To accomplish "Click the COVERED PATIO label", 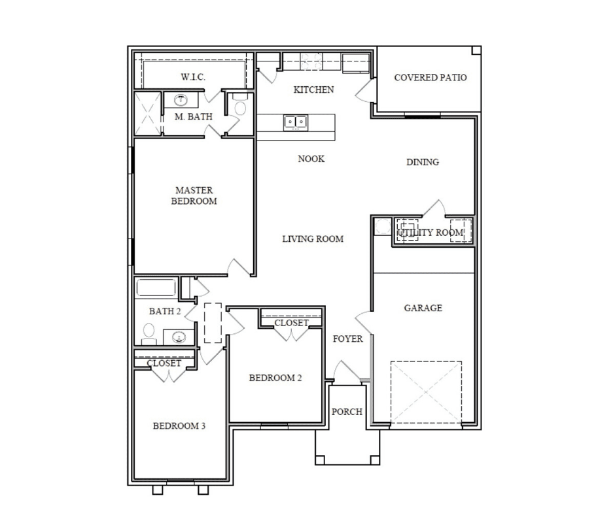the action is click(x=430, y=78).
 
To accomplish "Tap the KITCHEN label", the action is click(x=314, y=90).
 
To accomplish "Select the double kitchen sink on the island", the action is click(x=295, y=122).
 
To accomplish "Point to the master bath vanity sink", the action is click(x=181, y=100).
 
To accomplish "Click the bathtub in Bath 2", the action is click(x=156, y=288).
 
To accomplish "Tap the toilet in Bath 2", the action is click(x=149, y=333).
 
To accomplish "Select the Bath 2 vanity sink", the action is click(x=179, y=337).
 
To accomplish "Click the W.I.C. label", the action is click(x=193, y=77).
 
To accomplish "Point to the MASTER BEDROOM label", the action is click(x=194, y=195).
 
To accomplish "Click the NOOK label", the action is click(x=311, y=159).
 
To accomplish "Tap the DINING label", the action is click(x=423, y=162).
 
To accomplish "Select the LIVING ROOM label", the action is click(x=313, y=239).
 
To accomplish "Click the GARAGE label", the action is click(x=423, y=308).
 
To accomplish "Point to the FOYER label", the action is click(x=347, y=339).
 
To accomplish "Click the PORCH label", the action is click(x=347, y=412).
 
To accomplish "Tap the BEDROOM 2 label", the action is click(x=275, y=378).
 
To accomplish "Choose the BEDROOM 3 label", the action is click(x=179, y=426).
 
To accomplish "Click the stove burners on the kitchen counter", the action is click(x=311, y=61).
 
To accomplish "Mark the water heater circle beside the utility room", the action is click(x=381, y=227).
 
